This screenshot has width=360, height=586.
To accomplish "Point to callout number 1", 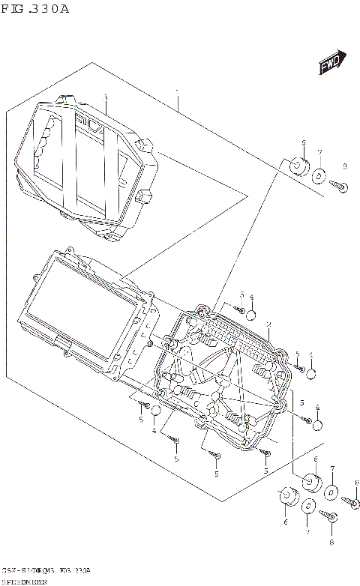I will click(x=177, y=96).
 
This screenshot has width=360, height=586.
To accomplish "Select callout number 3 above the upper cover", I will click(x=106, y=97).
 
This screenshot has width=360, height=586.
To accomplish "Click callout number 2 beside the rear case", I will click(x=268, y=325).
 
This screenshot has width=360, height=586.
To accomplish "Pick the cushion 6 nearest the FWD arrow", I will click(x=298, y=166).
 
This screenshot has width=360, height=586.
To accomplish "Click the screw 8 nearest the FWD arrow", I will click(x=340, y=187).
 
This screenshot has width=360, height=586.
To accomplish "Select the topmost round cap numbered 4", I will click(x=253, y=313).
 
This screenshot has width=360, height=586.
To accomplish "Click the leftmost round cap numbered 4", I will click(x=155, y=411).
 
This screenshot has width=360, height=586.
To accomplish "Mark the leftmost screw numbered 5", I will click(x=142, y=405).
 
